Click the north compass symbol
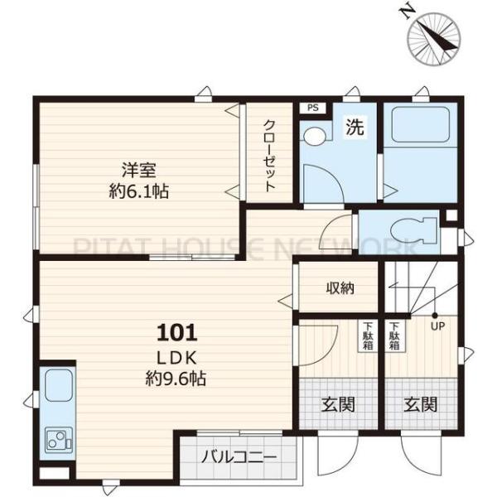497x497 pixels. [433, 39]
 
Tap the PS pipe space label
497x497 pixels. [312, 108]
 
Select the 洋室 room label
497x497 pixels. [138, 170]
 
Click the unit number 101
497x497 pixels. [177, 333]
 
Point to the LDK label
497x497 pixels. [177, 359]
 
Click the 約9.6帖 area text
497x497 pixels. [176, 379]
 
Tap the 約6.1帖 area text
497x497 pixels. [138, 191]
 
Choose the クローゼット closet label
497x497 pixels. [269, 156]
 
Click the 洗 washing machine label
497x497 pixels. [355, 127]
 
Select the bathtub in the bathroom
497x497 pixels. [420, 124]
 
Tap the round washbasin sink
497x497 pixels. [313, 137]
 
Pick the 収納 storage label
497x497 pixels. [340, 287]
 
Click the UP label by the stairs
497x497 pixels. [437, 326]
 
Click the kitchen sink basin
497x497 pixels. [59, 386]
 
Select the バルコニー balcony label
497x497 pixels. [239, 456]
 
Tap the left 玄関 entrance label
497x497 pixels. [338, 404]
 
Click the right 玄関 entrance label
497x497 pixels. [421, 404]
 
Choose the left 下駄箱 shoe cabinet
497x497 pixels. [368, 336]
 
